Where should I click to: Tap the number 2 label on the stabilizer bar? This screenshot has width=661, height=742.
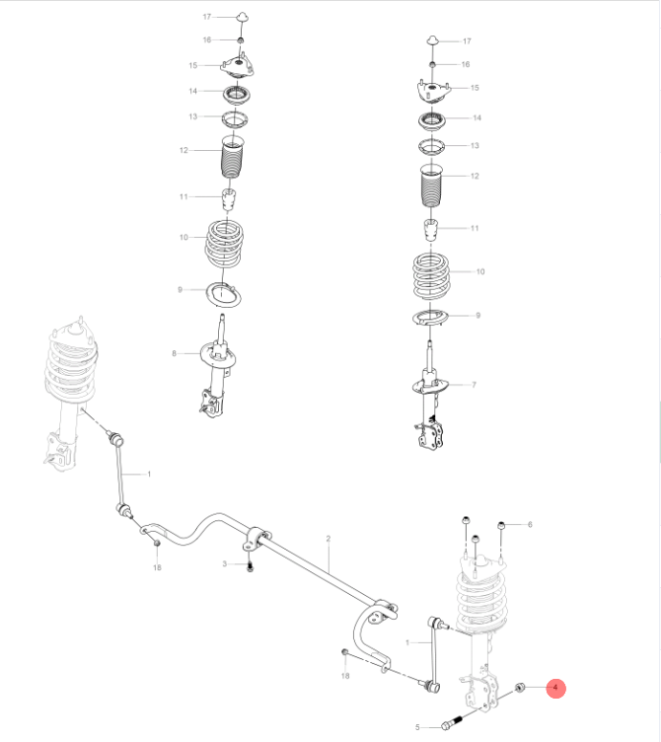(x=329, y=538)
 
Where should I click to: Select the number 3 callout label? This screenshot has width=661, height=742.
(x=225, y=563)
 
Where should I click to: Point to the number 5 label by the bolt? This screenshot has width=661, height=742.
(x=417, y=727)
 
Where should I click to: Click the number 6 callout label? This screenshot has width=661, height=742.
(x=529, y=524)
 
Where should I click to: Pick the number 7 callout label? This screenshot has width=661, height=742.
(x=474, y=384)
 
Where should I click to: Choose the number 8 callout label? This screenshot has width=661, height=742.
(x=174, y=352)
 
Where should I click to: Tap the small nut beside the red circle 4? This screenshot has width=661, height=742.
(x=521, y=687)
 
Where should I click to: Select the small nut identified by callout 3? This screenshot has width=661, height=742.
(x=250, y=566)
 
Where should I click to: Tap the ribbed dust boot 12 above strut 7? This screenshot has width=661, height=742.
(x=430, y=187)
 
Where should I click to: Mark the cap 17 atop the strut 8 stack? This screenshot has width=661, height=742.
(x=239, y=16)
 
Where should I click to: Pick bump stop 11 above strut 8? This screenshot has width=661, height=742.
(x=228, y=200)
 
